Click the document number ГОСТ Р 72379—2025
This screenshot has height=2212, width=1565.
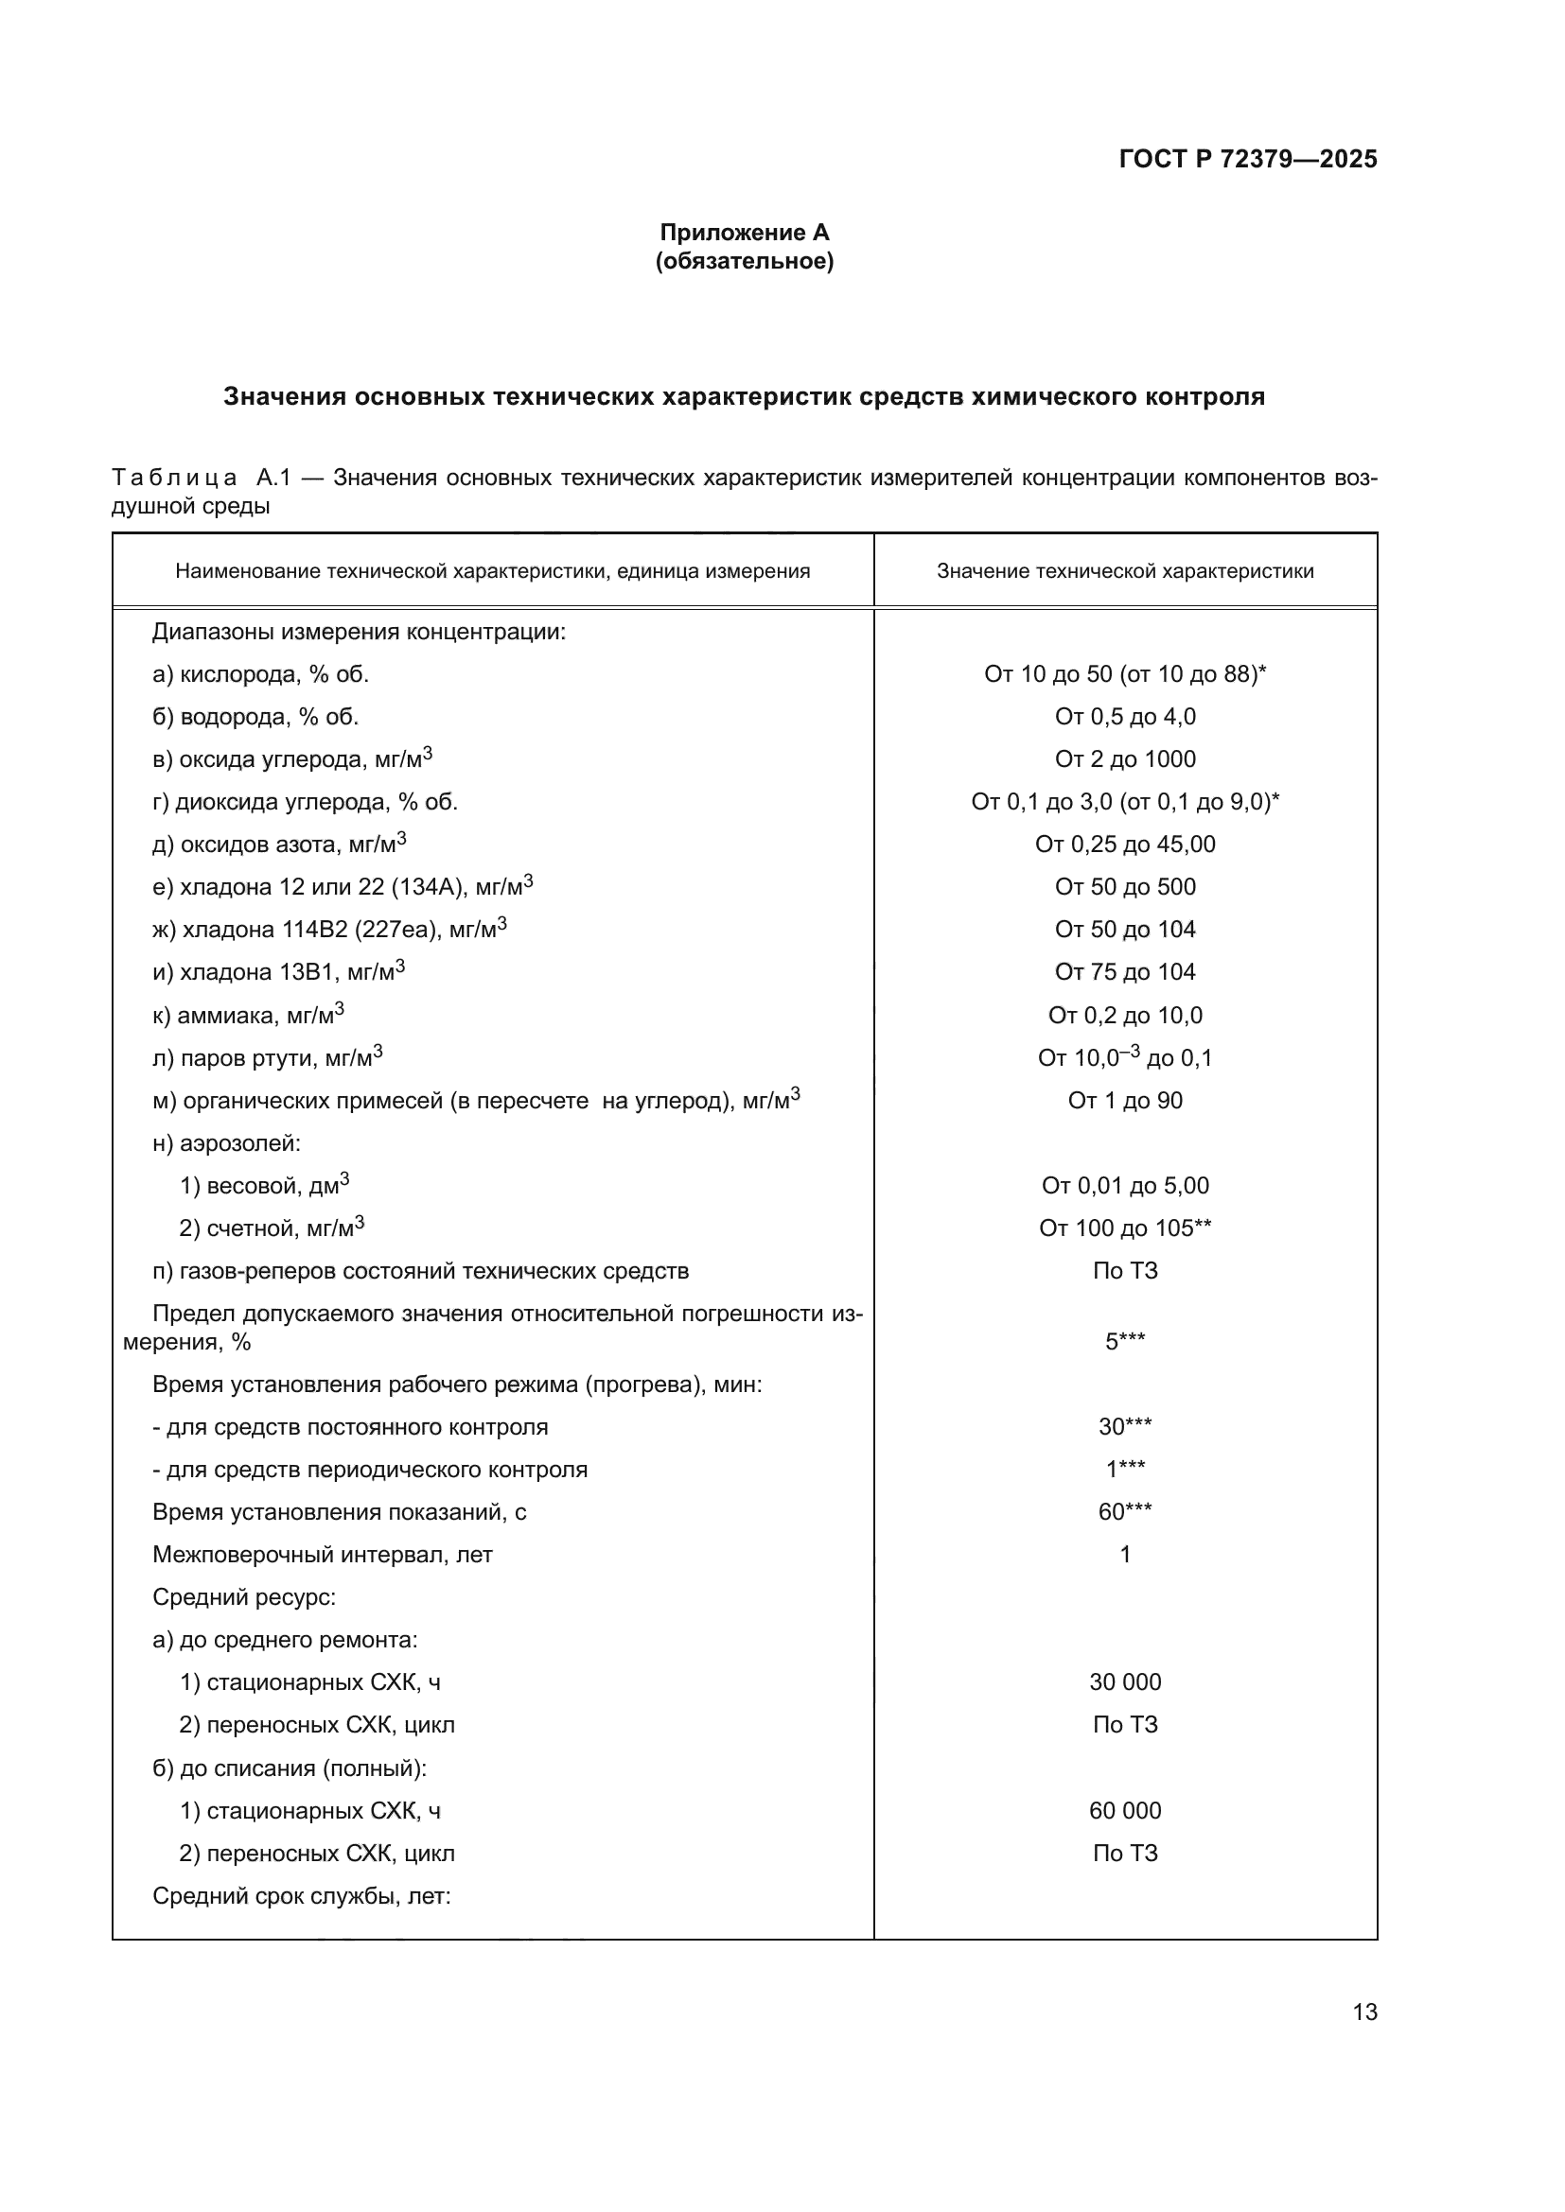click(x=1247, y=159)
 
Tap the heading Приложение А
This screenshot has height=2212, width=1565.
click(x=744, y=233)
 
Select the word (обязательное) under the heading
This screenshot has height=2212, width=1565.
click(x=744, y=261)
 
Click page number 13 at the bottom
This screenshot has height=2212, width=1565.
click(x=1364, y=2012)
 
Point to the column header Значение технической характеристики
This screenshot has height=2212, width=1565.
click(x=1125, y=571)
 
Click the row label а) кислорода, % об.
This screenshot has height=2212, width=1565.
click(x=260, y=674)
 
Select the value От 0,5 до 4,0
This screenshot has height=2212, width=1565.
click(x=1125, y=717)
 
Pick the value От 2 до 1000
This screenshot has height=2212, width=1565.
click(x=1125, y=759)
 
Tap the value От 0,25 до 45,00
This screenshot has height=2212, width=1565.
click(x=1125, y=845)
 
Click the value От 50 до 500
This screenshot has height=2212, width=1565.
click(x=1125, y=887)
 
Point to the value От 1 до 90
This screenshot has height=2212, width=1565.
click(x=1125, y=1100)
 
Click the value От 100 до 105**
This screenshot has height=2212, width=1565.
click(x=1125, y=1228)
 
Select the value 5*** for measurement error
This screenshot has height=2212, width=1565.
click(x=1125, y=1342)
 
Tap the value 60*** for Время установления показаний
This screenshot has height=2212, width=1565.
click(x=1125, y=1511)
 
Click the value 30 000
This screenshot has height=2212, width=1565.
click(x=1125, y=1682)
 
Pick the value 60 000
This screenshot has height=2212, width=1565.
click(x=1125, y=1810)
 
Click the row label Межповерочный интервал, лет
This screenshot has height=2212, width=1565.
click(x=322, y=1555)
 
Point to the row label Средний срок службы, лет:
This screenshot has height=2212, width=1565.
click(x=302, y=1896)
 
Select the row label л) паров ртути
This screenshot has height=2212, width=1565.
click(x=267, y=1058)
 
